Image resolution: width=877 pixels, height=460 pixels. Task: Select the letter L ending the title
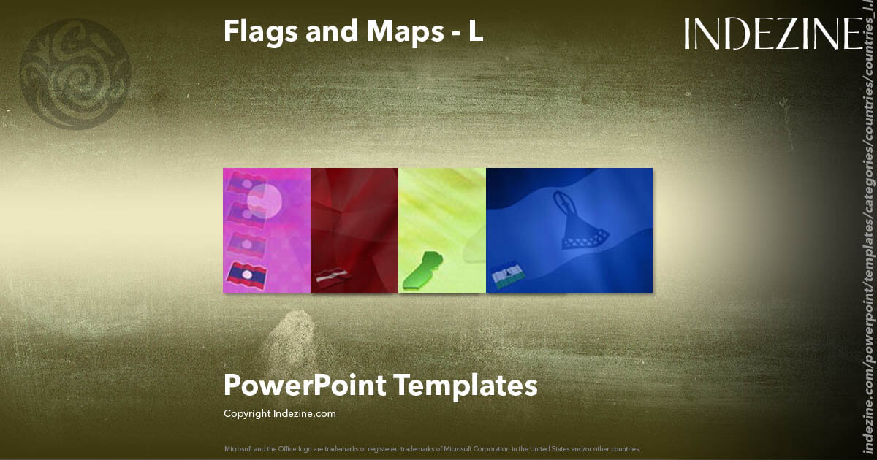click(x=476, y=31)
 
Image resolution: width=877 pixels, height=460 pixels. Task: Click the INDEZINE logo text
click(x=773, y=34)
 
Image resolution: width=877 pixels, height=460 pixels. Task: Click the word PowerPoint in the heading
click(x=304, y=385)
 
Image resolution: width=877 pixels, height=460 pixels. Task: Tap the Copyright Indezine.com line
click(x=280, y=413)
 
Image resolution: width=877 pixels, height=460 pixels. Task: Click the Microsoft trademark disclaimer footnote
click(x=433, y=448)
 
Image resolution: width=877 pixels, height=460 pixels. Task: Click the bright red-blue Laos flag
click(x=246, y=275)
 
